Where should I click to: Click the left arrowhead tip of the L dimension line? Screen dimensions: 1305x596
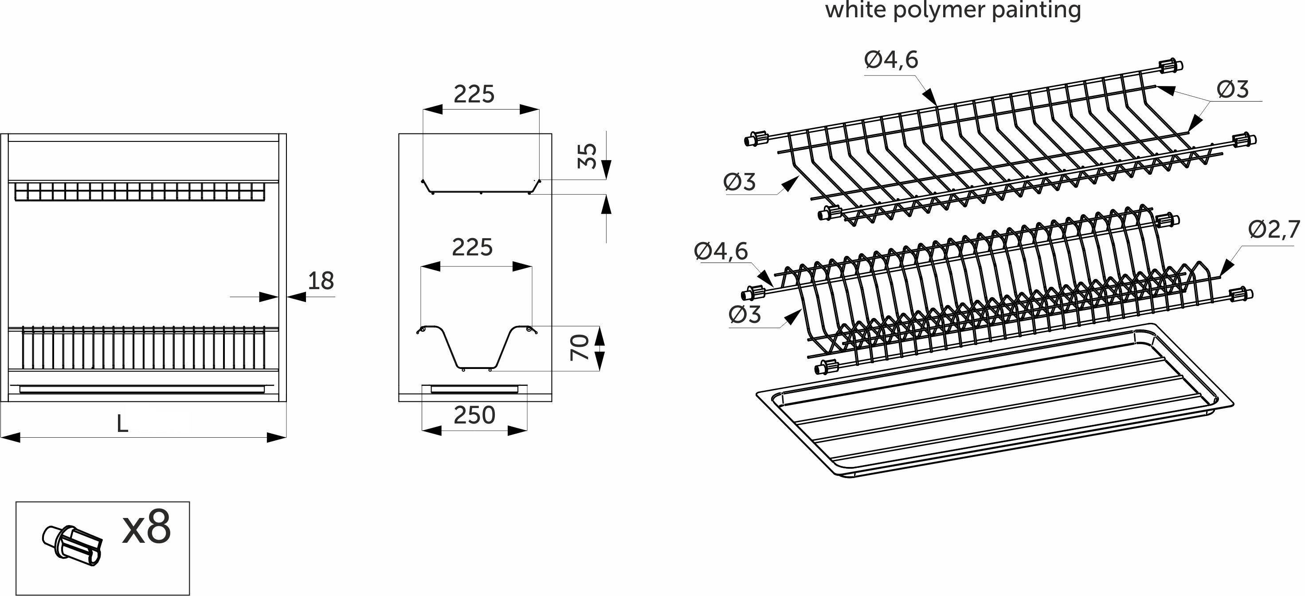(x=1, y=437)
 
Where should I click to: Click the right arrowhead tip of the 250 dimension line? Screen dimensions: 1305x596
(x=527, y=430)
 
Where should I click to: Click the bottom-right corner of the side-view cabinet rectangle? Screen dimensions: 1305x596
(x=552, y=401)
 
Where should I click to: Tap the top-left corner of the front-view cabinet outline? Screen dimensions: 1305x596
(x=1, y=134)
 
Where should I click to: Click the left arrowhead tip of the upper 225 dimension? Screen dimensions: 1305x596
(x=423, y=110)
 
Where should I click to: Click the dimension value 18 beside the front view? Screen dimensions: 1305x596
(x=321, y=281)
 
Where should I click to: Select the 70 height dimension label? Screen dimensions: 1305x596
(x=579, y=347)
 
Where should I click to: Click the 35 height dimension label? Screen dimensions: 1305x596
(x=587, y=156)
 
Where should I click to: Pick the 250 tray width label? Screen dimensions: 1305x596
(x=474, y=415)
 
